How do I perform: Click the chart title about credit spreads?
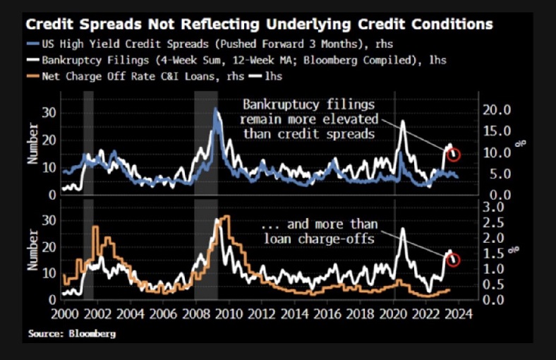coord(260,24)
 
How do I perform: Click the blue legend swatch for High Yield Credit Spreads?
coord(34,44)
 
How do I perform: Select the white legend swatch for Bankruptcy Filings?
coord(34,59)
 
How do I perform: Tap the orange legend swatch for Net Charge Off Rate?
coord(34,75)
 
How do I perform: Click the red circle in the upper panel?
coord(454,155)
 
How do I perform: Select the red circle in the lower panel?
coord(454,260)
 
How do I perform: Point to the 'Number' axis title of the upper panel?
coord(32,144)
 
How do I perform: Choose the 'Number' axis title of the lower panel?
coord(32,250)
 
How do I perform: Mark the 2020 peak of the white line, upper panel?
coord(402,122)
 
